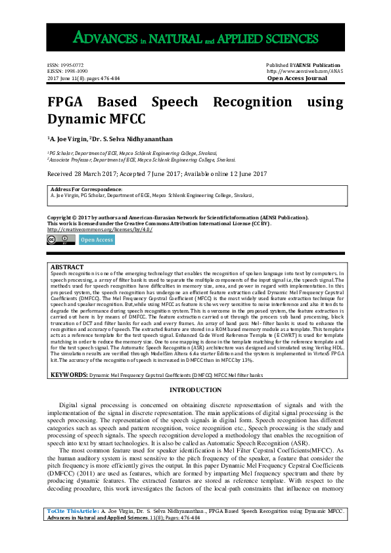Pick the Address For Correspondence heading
(86, 189)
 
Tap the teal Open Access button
(97, 240)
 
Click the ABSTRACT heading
(67, 267)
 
